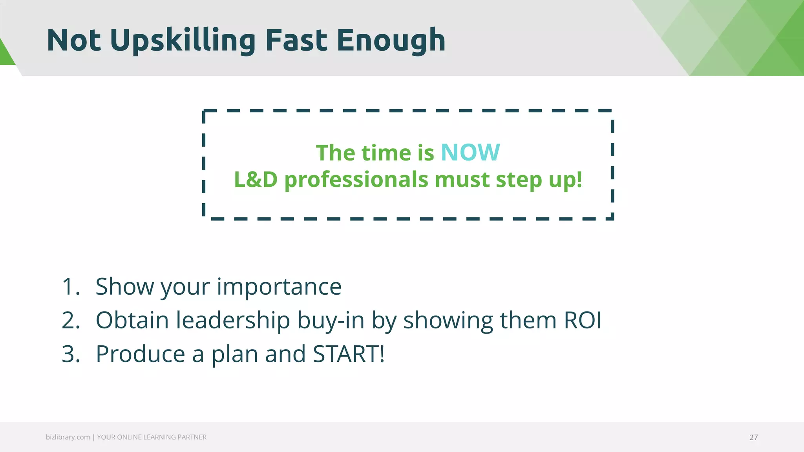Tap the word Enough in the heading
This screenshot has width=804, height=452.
point(391,40)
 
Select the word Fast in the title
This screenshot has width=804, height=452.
point(296,40)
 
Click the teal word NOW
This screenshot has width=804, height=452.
point(470,153)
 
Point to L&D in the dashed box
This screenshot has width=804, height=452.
point(256,180)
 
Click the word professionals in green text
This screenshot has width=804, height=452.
point(356,180)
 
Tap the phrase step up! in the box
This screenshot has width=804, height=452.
point(539,180)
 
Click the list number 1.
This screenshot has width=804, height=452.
point(71,287)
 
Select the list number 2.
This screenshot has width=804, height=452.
point(71,321)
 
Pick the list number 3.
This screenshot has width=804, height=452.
point(71,354)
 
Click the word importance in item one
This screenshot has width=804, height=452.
point(279,287)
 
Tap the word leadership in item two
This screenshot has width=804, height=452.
point(232,321)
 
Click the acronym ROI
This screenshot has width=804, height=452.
point(583,321)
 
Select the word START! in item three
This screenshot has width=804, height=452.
point(349,354)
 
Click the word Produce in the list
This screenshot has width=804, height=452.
point(140,354)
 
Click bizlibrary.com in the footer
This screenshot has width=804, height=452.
point(68,437)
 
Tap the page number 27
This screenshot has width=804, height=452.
point(753,437)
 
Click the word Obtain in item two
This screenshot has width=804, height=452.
point(132,321)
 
